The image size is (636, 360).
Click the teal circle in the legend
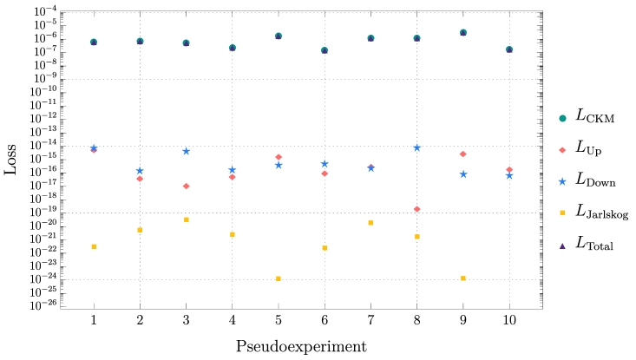point(562,119)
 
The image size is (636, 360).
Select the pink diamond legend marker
point(562,150)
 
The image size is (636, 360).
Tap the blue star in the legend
point(562,181)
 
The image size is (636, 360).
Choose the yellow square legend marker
point(562,213)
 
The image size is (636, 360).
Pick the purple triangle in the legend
point(562,245)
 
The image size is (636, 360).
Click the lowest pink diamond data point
point(416,209)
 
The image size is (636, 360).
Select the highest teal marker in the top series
point(463,33)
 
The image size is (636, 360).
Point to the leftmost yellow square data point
point(94,246)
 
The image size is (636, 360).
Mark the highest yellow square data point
point(187,219)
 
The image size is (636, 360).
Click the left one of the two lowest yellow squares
point(279,278)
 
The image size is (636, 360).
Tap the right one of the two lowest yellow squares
point(463,278)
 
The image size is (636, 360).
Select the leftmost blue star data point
point(94,148)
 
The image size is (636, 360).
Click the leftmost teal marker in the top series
point(94,42)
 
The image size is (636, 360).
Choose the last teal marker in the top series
point(509,49)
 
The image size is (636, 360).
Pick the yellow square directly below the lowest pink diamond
point(417,237)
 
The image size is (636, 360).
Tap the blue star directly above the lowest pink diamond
point(416,147)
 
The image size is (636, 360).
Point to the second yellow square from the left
point(140,230)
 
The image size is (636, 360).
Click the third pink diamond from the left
point(186,186)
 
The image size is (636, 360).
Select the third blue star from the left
point(186,151)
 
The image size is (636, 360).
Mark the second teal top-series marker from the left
point(140,41)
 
